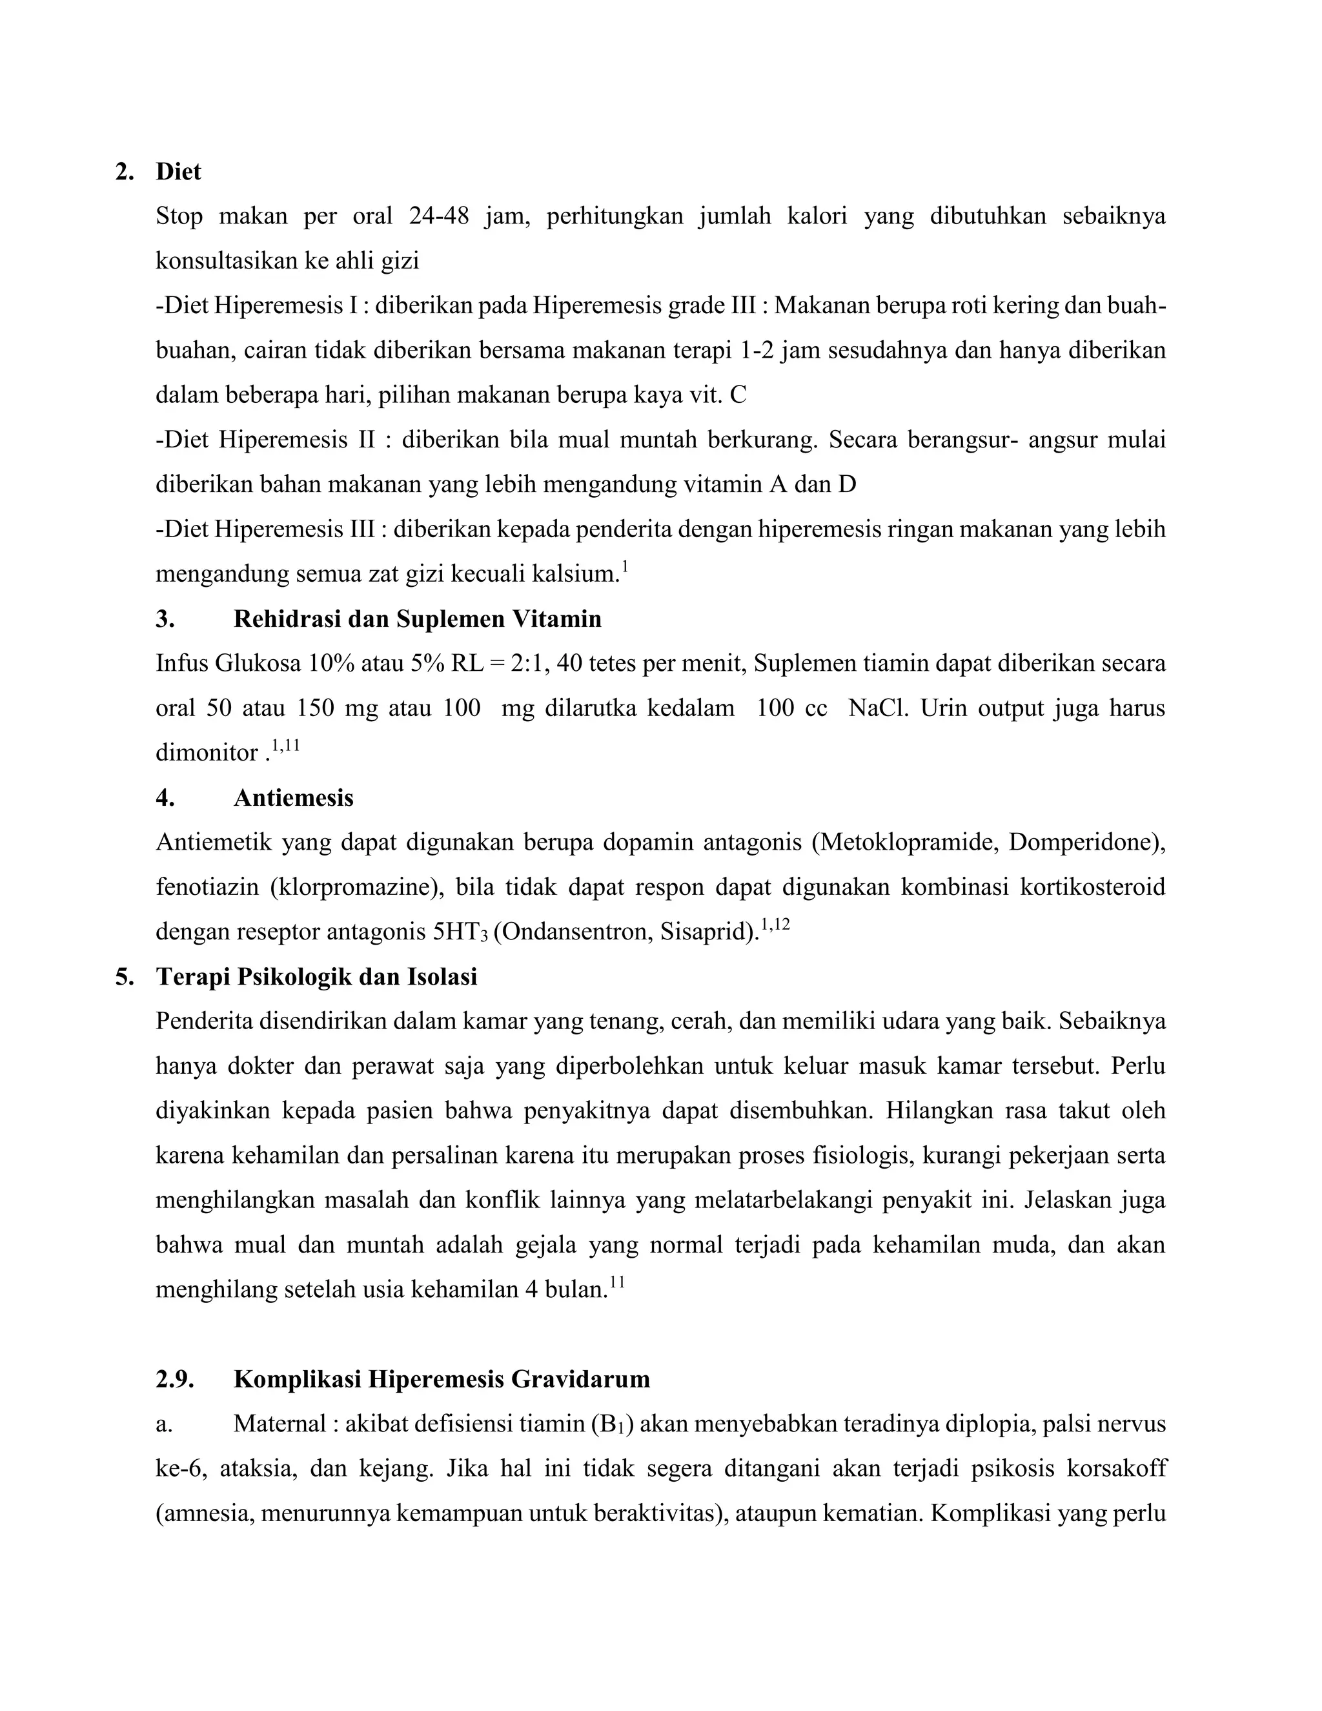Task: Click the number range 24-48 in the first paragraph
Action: pyautogui.click(x=438, y=216)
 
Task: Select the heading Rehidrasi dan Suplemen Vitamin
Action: pyautogui.click(x=418, y=619)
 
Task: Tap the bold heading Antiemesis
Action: pyautogui.click(x=294, y=797)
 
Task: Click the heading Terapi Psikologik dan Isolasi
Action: pyautogui.click(x=316, y=977)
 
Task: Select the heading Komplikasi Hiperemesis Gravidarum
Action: pyautogui.click(x=442, y=1379)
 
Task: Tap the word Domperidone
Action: pyautogui.click(x=1083, y=842)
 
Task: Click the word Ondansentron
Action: pyautogui.click(x=576, y=932)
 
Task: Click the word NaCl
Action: pyautogui.click(x=877, y=708)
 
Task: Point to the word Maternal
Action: pyautogui.click(x=278, y=1424)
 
